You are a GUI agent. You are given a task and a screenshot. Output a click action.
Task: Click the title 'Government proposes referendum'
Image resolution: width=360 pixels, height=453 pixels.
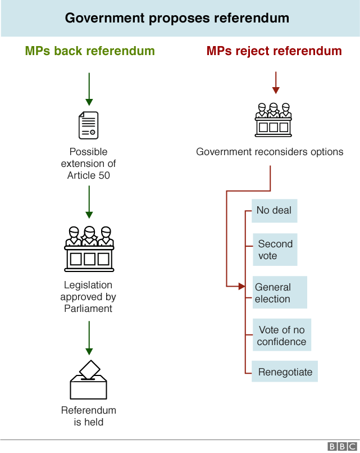pyautogui.click(x=177, y=18)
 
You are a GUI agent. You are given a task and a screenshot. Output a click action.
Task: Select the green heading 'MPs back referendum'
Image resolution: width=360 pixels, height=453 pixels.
pyautogui.click(x=90, y=51)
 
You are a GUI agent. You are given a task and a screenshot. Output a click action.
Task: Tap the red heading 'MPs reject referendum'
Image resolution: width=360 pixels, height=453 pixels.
pyautogui.click(x=274, y=51)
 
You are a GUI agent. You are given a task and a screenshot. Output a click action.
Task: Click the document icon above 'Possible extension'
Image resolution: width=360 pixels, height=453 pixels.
pyautogui.click(x=88, y=125)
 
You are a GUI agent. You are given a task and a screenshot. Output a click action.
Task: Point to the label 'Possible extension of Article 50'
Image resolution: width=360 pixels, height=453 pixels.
pyautogui.click(x=88, y=164)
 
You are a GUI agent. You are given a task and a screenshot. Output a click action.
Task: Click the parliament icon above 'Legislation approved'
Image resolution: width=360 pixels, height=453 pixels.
pyautogui.click(x=89, y=248)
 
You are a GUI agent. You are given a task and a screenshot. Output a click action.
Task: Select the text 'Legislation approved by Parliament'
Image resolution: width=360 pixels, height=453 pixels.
pyautogui.click(x=88, y=297)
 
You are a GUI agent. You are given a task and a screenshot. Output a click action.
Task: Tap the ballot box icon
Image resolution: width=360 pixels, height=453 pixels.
pyautogui.click(x=88, y=380)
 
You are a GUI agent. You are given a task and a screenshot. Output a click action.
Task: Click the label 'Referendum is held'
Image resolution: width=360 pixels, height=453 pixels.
pyautogui.click(x=89, y=416)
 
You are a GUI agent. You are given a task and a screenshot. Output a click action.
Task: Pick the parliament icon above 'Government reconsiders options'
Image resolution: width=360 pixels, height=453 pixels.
pyautogui.click(x=274, y=120)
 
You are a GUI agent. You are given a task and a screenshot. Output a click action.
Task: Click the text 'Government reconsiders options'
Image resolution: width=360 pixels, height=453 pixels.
pyautogui.click(x=270, y=152)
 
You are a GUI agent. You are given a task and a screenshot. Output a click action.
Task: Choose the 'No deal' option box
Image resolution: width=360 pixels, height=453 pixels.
pyautogui.click(x=274, y=211)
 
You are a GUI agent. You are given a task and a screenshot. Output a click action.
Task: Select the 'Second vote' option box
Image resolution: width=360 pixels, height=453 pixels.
pyautogui.click(x=275, y=250)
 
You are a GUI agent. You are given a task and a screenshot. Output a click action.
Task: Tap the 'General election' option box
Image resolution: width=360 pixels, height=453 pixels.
pyautogui.click(x=279, y=293)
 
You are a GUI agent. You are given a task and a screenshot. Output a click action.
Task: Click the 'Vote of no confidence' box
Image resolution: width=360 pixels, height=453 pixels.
pyautogui.click(x=281, y=336)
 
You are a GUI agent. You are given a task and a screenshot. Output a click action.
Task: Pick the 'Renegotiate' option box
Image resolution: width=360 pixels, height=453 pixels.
pyautogui.click(x=285, y=372)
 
